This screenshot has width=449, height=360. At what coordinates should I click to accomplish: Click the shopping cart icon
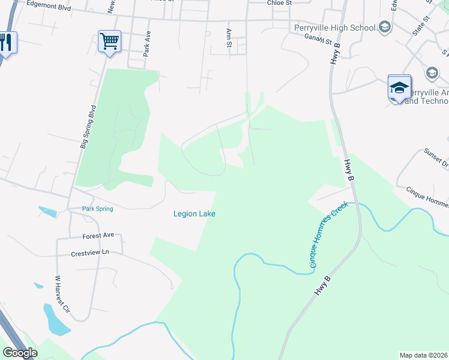(x=109, y=42)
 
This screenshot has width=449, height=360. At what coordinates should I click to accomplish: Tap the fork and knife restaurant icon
(x=6, y=43)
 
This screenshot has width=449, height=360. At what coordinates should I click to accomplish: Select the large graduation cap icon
(x=399, y=88)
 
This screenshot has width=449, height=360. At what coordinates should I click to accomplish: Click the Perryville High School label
(x=335, y=28)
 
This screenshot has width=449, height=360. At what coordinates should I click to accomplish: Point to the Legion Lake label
(x=194, y=214)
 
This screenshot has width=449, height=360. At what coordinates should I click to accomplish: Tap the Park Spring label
(x=97, y=209)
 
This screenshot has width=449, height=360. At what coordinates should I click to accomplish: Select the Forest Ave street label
(x=98, y=236)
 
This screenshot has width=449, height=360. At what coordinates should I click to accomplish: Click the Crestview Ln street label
(x=91, y=253)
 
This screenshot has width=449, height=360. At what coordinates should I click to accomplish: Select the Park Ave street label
(x=146, y=44)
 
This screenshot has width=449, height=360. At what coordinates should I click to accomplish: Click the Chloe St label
(x=279, y=3)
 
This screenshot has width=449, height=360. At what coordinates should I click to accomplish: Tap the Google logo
(x=20, y=353)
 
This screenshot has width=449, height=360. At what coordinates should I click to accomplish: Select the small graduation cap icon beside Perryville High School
(x=385, y=27)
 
